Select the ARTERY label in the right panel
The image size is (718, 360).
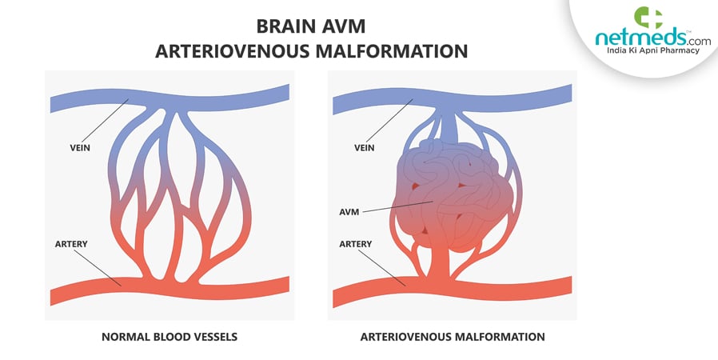pos(357,242)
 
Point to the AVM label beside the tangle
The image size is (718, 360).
pos(349,212)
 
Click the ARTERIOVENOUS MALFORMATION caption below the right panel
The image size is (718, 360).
pos(452,337)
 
